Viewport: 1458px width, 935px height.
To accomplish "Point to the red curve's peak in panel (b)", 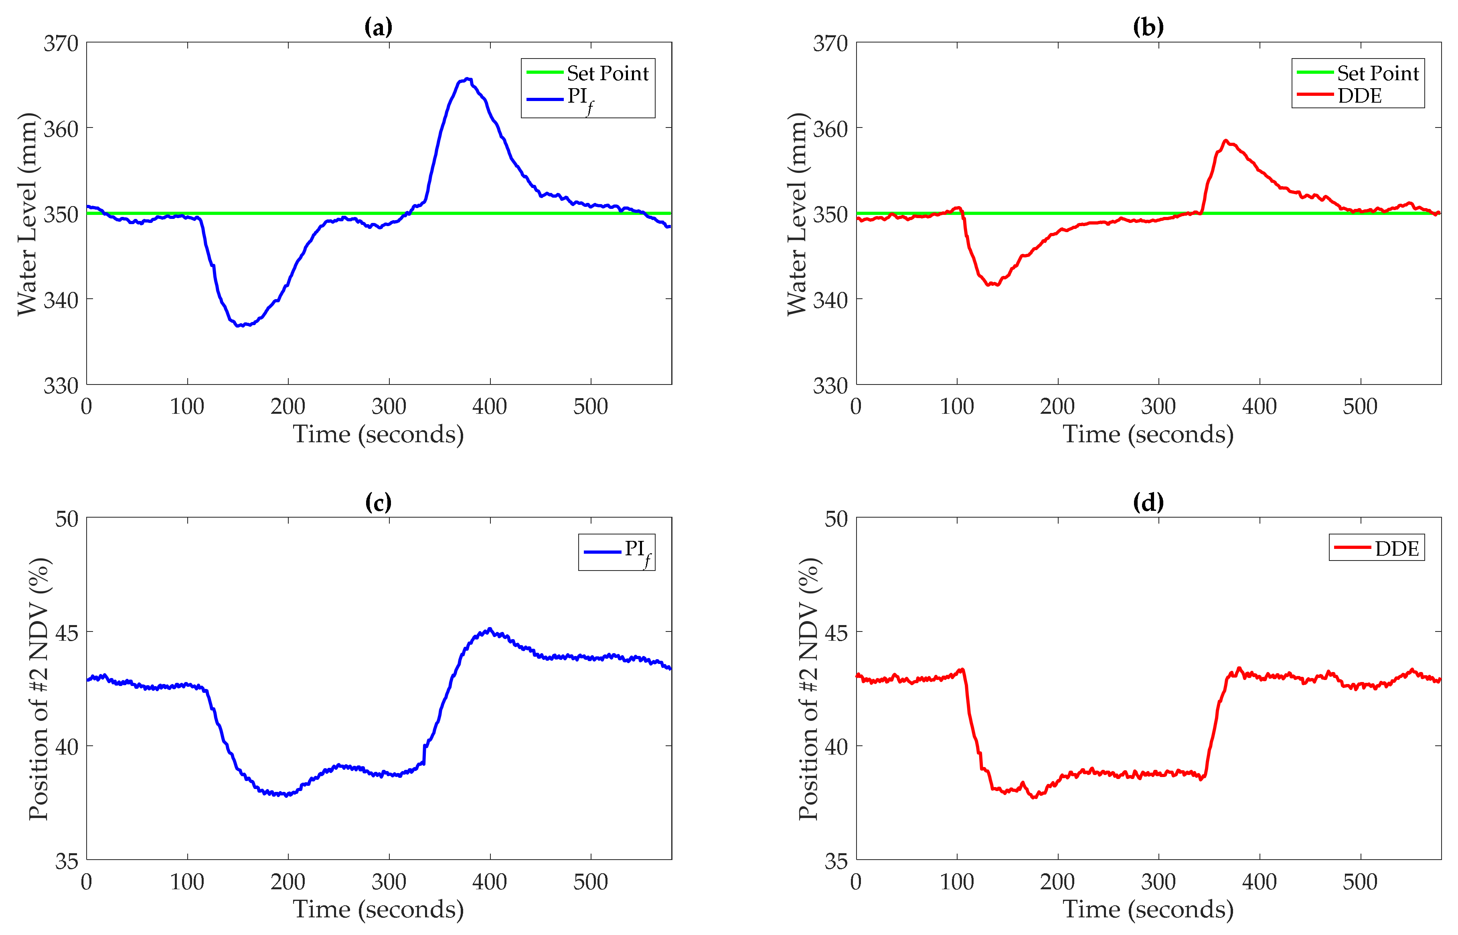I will click(1225, 141).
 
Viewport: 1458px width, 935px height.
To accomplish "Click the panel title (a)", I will click(378, 27).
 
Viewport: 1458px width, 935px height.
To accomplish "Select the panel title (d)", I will click(1148, 502).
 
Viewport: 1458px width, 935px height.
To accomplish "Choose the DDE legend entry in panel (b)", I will click(1359, 96).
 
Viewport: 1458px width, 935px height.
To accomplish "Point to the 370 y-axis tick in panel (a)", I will click(61, 44).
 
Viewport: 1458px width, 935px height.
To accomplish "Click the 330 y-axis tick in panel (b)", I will click(830, 386).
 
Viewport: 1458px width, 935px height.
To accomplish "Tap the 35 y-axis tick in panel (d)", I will click(836, 861).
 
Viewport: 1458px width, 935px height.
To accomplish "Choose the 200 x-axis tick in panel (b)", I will click(1057, 406).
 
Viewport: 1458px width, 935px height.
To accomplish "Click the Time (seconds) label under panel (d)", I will click(1148, 909).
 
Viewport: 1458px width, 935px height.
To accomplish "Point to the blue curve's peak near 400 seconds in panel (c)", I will click(490, 629).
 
